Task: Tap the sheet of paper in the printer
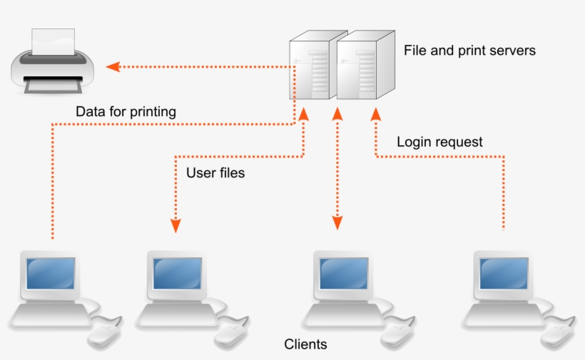54,42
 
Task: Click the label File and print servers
469,51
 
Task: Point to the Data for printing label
126,112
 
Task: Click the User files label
215,173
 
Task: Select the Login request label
439,142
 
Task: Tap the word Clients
305,344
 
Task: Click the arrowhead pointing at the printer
113,66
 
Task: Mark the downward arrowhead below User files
175,225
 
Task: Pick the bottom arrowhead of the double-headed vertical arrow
337,224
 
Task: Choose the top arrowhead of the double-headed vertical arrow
337,115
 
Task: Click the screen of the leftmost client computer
50,271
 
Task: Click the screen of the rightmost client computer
503,271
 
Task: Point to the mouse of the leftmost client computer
104,332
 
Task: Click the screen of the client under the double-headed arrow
343,271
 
